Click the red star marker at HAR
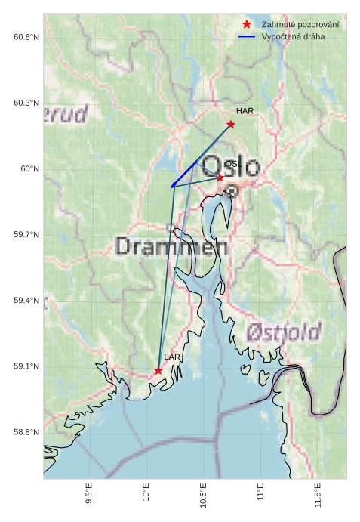pos(230,124)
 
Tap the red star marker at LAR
pos(158,370)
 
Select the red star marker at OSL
pos(220,177)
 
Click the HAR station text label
pos(245,111)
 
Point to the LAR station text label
pos(172,357)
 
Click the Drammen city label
pos(171,246)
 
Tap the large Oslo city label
pos(232,167)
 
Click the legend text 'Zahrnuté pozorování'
pos(300,25)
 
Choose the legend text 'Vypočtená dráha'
pos(294,36)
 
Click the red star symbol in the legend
pos(246,25)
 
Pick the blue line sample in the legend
pos(246,36)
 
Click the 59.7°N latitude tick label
pos(26,235)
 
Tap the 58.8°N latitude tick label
pos(26,433)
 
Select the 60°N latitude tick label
pos(30,169)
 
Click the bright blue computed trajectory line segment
pos(184,174)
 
